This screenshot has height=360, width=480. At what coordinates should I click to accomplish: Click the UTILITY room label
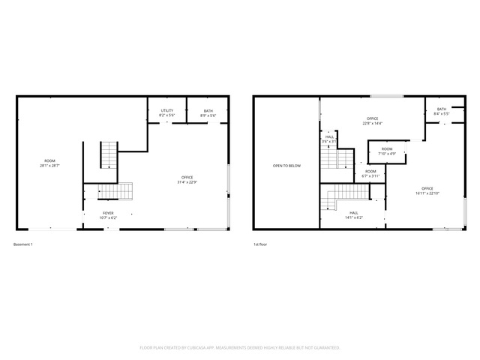[167, 111]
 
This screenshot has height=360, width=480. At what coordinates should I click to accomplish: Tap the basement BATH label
[208, 111]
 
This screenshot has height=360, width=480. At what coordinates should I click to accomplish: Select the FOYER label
[109, 213]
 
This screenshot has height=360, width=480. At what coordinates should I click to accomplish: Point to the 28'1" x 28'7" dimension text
[49, 165]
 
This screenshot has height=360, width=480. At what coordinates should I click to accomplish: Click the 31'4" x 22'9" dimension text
[187, 181]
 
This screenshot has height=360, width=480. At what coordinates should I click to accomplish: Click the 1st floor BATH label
[442, 109]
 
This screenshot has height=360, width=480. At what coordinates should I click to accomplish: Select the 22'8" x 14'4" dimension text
[372, 123]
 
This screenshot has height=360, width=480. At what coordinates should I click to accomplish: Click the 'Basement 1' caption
[23, 244]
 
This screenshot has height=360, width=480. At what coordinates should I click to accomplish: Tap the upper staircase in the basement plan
[109, 155]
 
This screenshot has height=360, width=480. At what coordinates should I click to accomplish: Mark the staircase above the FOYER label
[116, 191]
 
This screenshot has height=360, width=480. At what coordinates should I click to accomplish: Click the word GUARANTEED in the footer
[326, 348]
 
